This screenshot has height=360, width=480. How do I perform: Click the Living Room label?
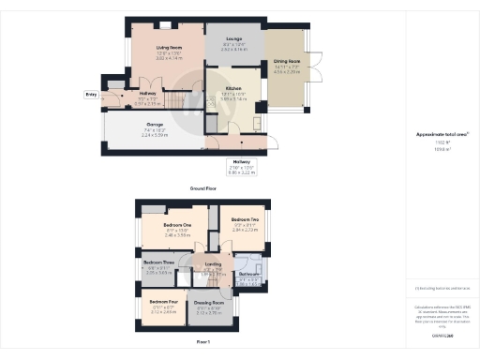click(169, 46)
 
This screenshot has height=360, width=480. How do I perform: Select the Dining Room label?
click(286, 61)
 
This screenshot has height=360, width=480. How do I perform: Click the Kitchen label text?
click(233, 90)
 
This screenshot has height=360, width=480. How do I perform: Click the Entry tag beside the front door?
click(90, 95)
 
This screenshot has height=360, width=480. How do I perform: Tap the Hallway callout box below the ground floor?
click(242, 170)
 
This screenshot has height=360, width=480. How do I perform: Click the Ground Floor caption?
click(204, 188)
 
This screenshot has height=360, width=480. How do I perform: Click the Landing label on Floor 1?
click(212, 265)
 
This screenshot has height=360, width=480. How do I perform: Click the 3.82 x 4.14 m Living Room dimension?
click(169, 58)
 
